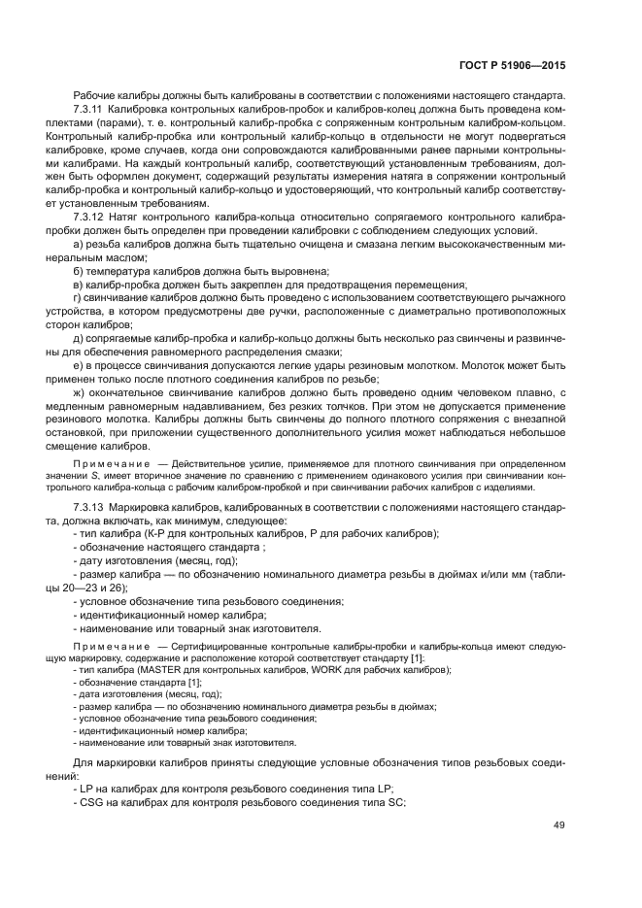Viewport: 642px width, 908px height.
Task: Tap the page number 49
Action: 558,825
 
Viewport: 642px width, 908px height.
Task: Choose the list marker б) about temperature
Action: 79,271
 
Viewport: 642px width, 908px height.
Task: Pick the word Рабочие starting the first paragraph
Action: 95,97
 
